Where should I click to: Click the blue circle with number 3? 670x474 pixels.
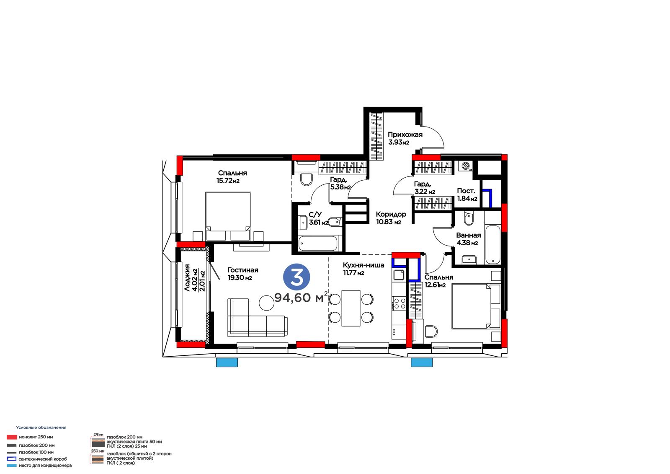click(296, 277)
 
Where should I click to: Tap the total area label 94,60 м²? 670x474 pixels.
click(301, 297)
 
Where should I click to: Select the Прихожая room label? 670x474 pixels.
click(405, 135)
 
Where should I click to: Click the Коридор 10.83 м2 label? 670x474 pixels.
click(391, 218)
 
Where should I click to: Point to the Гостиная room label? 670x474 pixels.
click(242, 270)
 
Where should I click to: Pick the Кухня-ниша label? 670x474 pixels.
click(363, 265)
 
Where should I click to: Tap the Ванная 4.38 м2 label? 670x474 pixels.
click(469, 239)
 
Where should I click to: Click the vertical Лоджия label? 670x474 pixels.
click(187, 278)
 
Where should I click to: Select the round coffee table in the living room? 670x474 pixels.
click(266, 303)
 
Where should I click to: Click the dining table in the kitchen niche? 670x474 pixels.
click(351, 308)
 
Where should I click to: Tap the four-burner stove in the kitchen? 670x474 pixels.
click(399, 303)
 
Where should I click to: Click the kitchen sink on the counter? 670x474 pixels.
click(399, 275)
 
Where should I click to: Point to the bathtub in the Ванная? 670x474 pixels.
click(492, 244)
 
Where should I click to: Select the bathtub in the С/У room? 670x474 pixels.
click(318, 243)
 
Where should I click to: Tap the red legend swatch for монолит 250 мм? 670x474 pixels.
click(12, 437)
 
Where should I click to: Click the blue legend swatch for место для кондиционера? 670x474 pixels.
click(12, 466)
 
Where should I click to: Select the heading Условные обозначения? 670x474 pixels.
click(41, 427)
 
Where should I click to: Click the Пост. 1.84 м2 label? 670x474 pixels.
click(467, 194)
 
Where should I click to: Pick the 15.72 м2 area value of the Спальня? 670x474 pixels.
click(228, 181)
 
